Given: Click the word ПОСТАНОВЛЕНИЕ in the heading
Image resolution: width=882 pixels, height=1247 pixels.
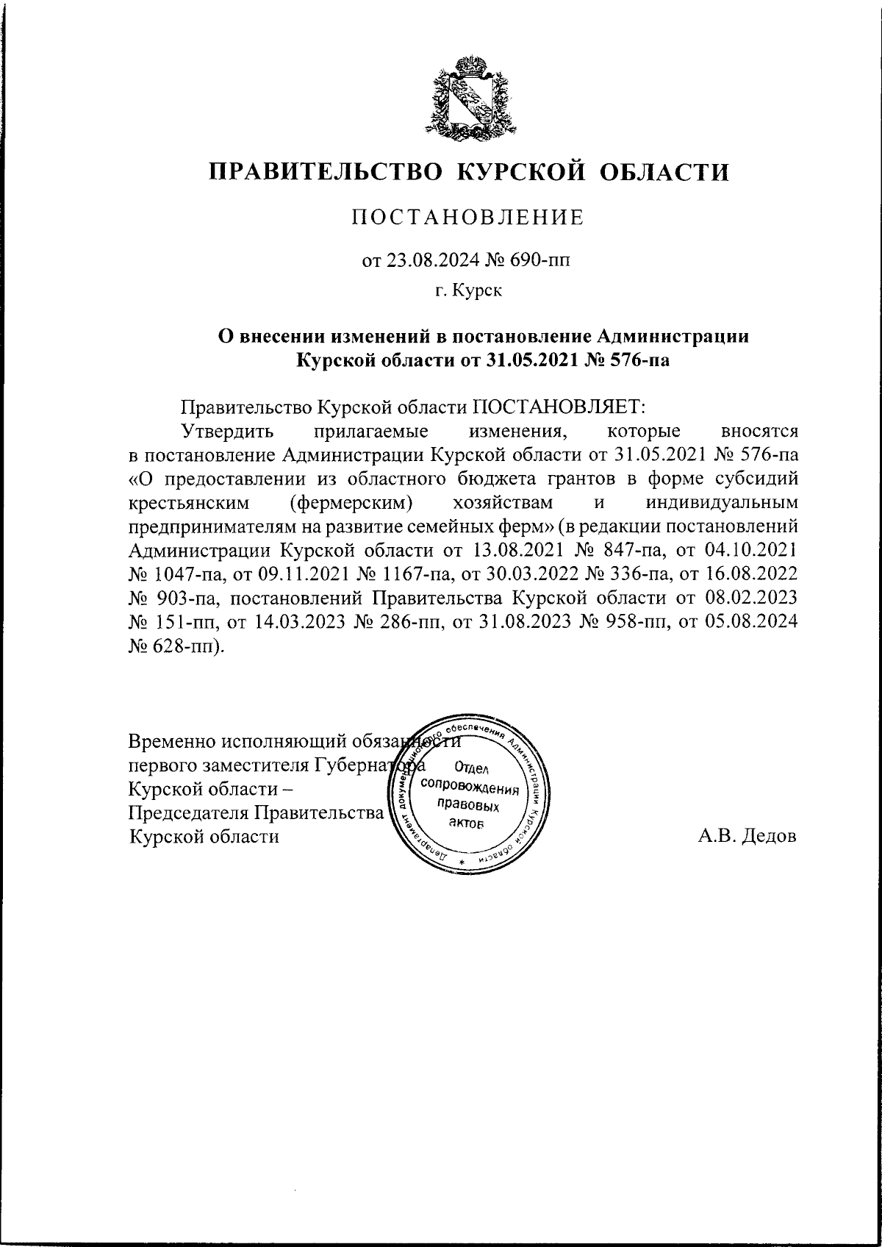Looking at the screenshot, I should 468,217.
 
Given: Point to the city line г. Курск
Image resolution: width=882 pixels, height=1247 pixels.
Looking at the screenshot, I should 468,291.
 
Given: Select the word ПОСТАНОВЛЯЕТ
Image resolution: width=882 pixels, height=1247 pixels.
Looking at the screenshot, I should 559,406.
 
